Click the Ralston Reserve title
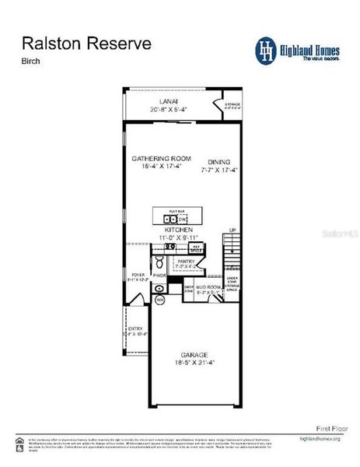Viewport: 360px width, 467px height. click(x=86, y=44)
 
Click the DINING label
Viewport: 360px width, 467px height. click(x=218, y=162)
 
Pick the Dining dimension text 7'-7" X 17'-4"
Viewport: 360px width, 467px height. click(x=218, y=169)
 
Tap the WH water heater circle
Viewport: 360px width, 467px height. click(x=160, y=300)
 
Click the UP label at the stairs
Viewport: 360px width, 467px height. click(x=232, y=230)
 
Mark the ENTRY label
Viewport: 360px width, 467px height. click(x=135, y=329)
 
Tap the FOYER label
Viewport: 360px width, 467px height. click(x=138, y=275)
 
